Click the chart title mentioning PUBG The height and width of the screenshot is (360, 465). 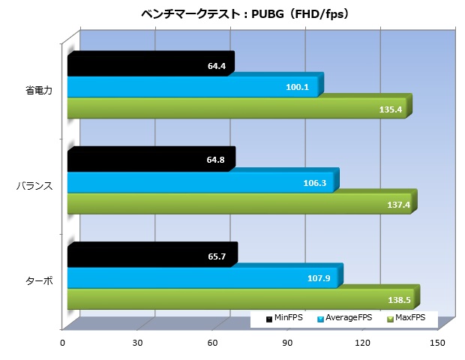click(x=232, y=13)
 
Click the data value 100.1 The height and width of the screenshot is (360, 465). click(x=297, y=88)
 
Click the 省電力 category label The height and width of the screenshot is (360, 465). click(x=38, y=92)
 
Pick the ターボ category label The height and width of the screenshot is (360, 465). click(x=39, y=280)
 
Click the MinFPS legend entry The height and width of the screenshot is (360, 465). click(x=284, y=319)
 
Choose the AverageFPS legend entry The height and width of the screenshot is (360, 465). click(x=344, y=319)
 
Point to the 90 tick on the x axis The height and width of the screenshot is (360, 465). click(x=287, y=343)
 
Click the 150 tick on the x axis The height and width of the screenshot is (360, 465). click(x=438, y=343)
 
